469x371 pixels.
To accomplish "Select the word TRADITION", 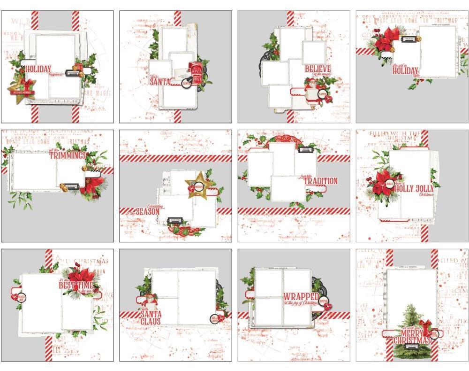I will pyautogui.click(x=320, y=181).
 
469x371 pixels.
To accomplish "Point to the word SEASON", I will pyautogui.click(x=148, y=212).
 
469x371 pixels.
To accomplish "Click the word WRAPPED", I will pyautogui.click(x=301, y=297).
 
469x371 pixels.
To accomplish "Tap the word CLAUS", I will pyautogui.click(x=151, y=322).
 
